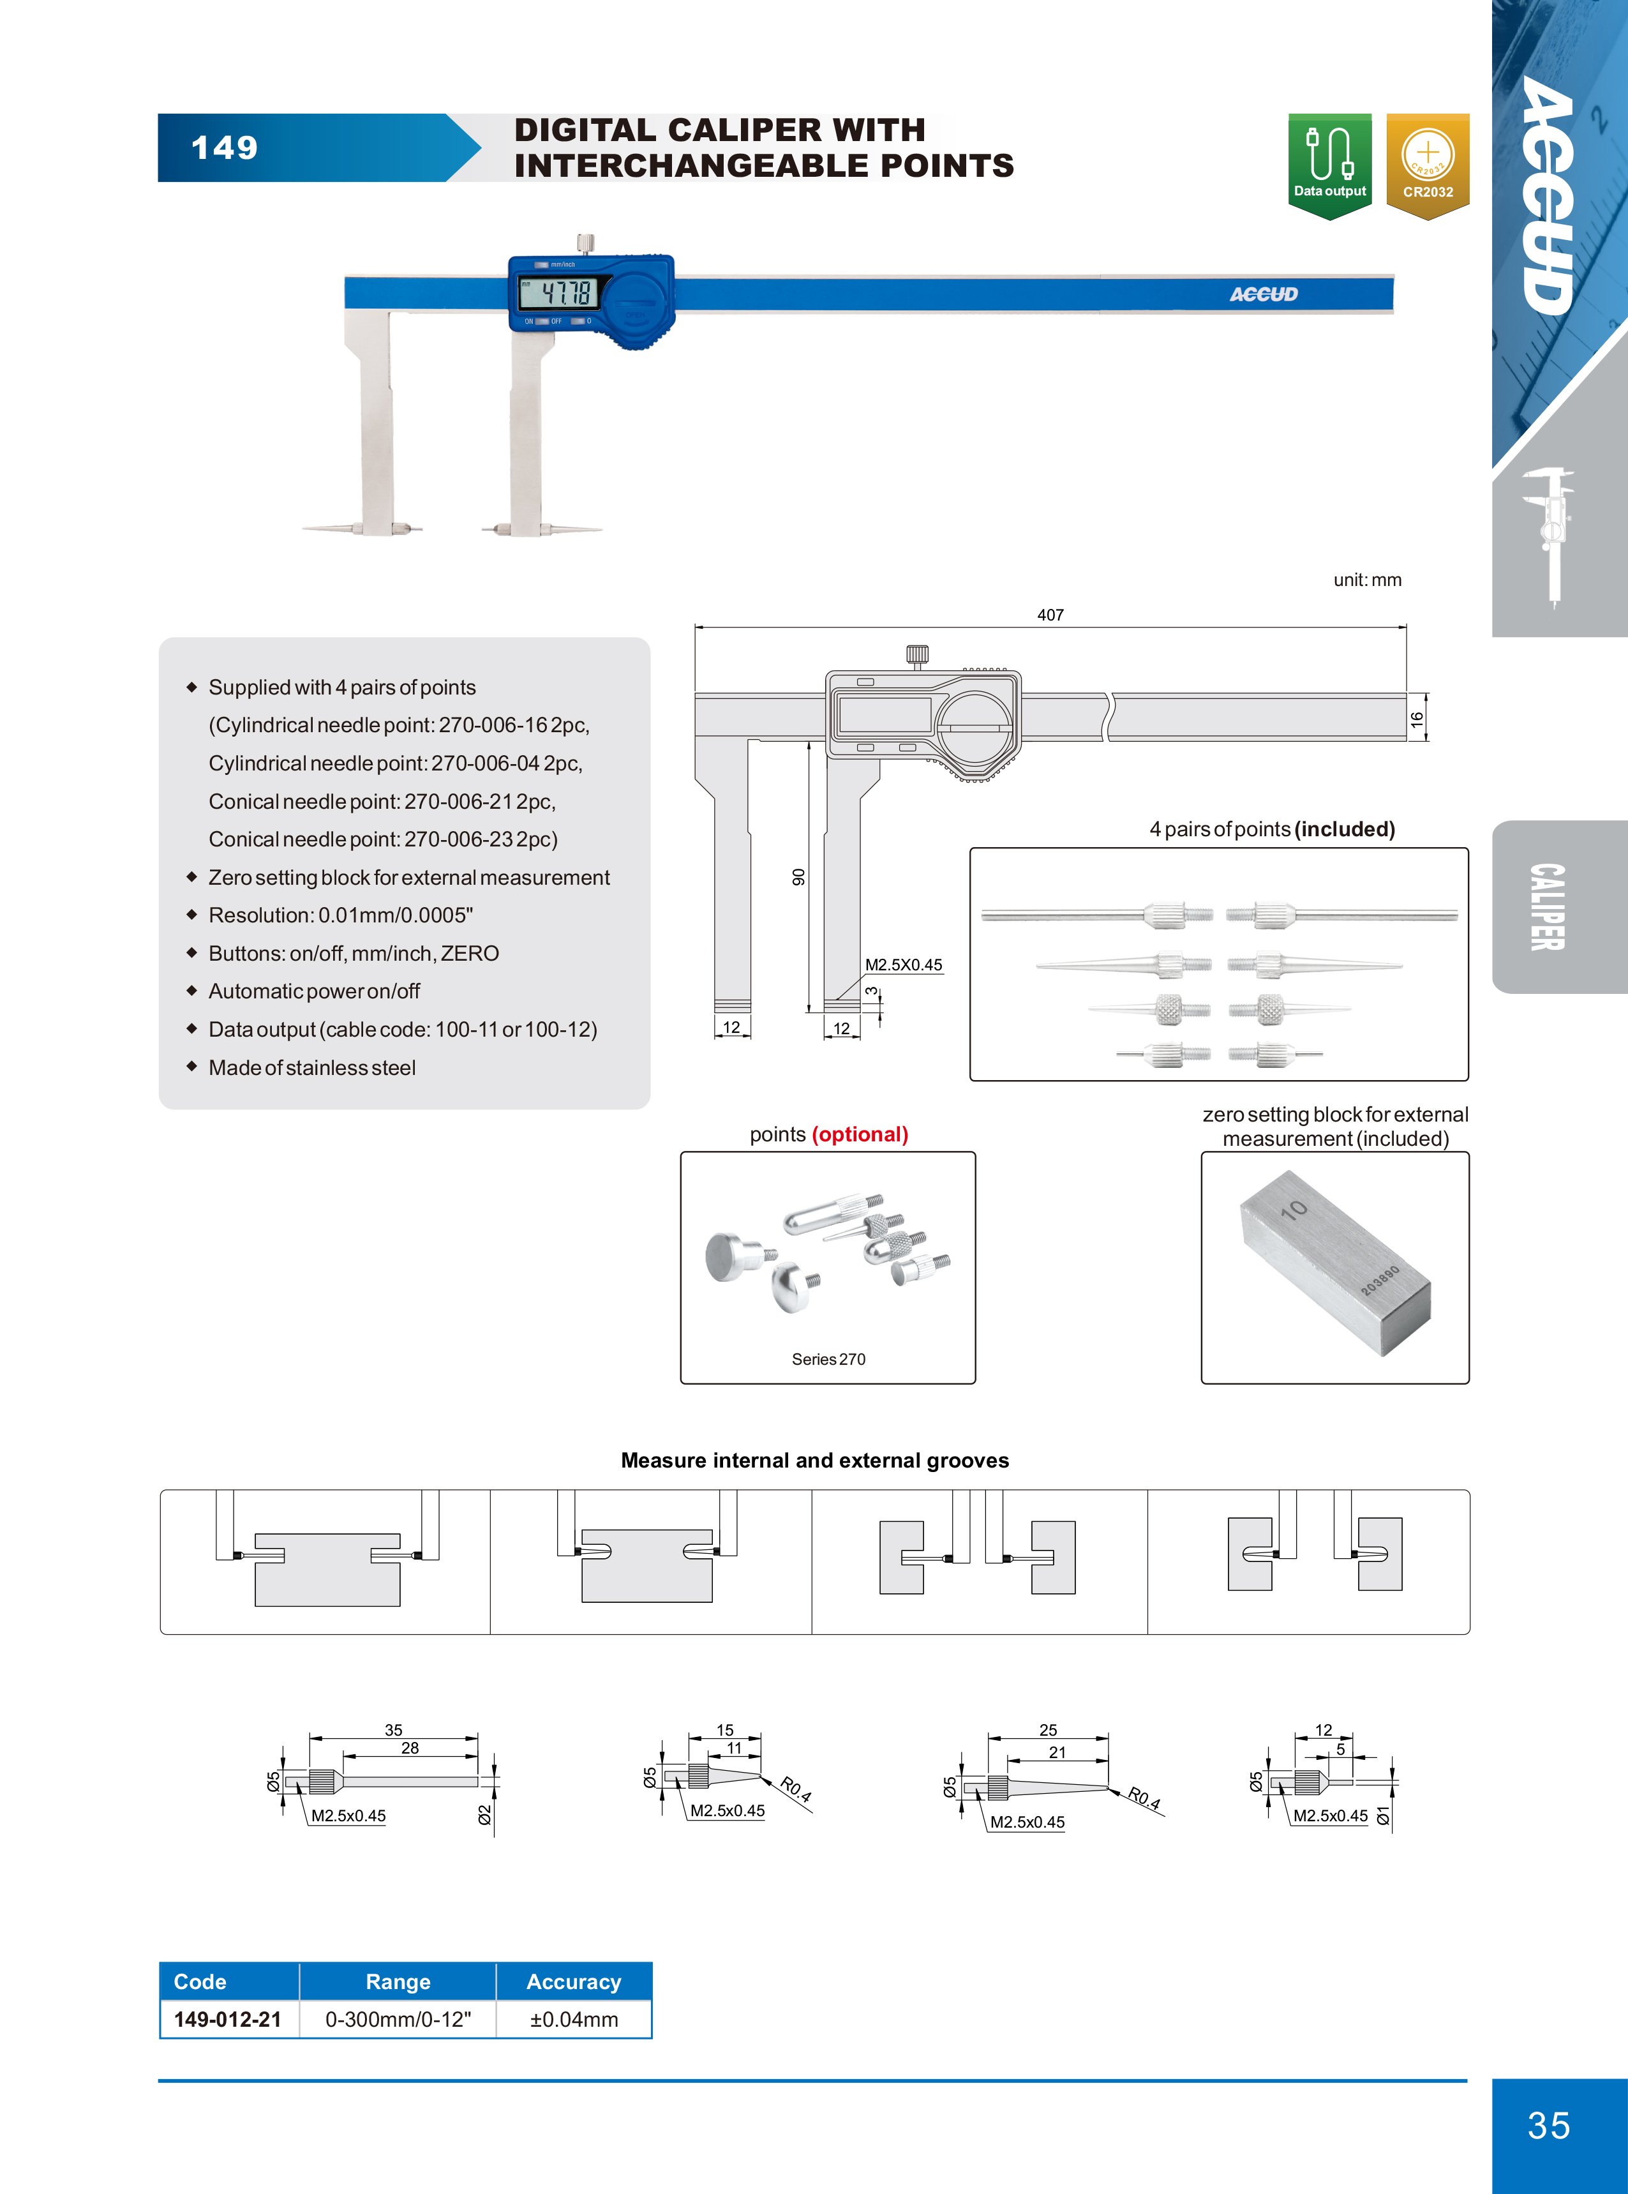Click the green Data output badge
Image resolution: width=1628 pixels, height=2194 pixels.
[1329, 165]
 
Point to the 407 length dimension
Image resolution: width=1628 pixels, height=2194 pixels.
[1050, 615]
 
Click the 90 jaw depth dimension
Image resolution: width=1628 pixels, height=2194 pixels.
[798, 876]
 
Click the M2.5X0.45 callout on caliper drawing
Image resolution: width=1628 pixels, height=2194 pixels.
[902, 965]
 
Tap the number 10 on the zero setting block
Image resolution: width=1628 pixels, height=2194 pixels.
[1294, 1210]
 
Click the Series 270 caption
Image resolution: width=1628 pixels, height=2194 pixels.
[828, 1359]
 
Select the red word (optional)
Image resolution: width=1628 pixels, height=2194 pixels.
[860, 1134]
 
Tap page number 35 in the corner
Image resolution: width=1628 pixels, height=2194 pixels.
[1548, 2125]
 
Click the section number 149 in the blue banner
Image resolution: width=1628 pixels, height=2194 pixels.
[224, 148]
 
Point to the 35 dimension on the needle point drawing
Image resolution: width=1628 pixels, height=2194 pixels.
[393, 1730]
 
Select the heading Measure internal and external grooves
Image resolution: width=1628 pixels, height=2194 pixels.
[814, 1460]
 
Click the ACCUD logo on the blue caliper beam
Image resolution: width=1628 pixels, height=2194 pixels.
[1264, 294]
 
